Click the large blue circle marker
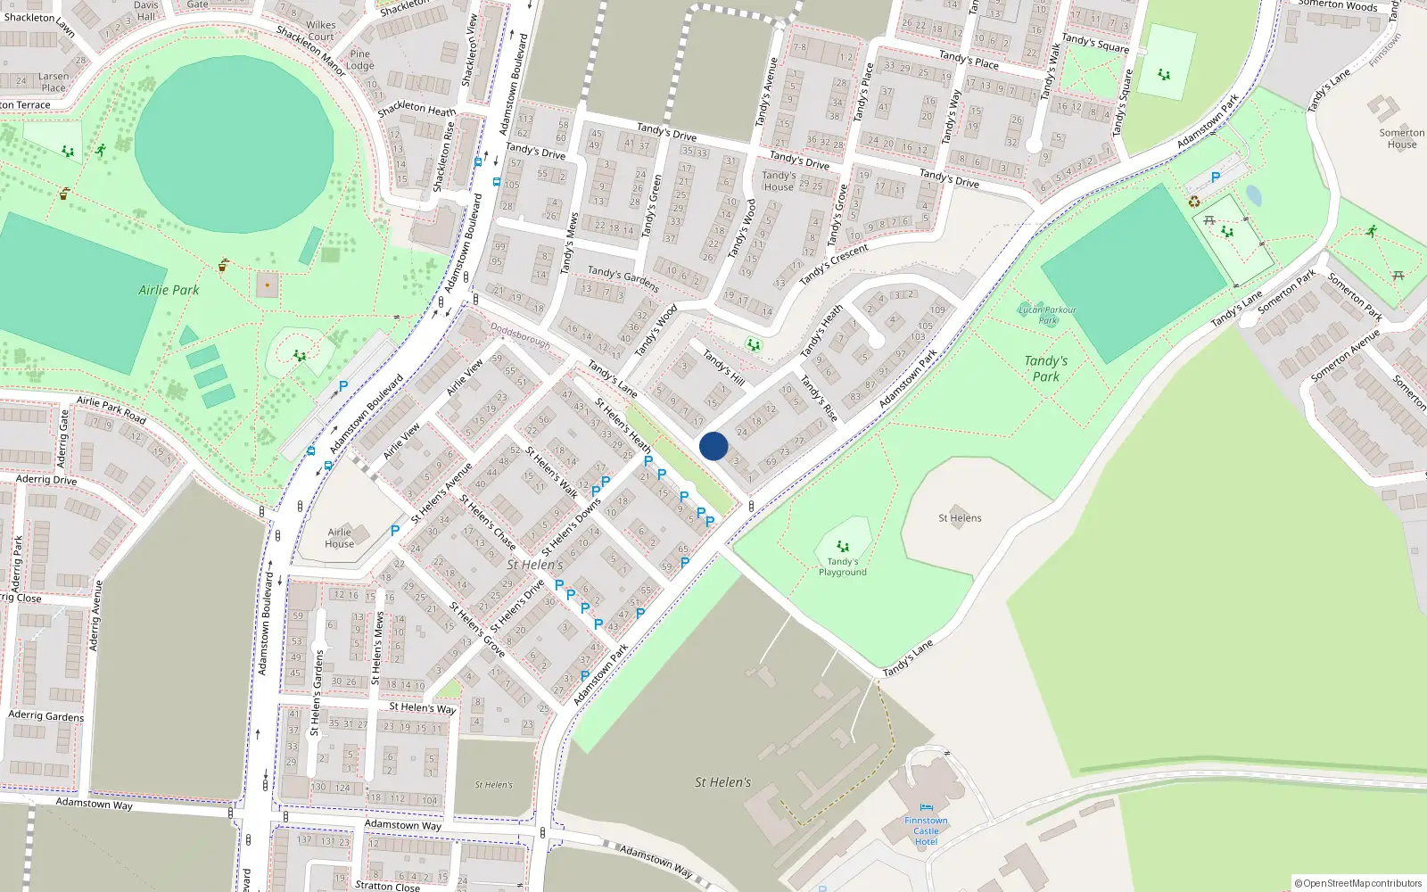[x=713, y=446]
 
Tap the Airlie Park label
[x=169, y=290]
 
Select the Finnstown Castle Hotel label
[x=926, y=830]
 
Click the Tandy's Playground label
[x=842, y=566]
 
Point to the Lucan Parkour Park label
[x=1047, y=314]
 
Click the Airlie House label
[x=339, y=538]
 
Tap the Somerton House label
[x=1401, y=138]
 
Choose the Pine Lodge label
[x=359, y=60]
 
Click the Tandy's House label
[x=778, y=181]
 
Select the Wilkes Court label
[x=320, y=31]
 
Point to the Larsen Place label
[x=53, y=82]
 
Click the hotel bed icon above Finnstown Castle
[x=926, y=808]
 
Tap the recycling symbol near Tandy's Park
[x=1194, y=202]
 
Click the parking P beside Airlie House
[x=395, y=530]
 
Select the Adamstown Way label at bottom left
[x=94, y=803]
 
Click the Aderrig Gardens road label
[x=45, y=715]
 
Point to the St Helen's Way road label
[x=422, y=707]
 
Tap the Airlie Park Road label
[x=111, y=409]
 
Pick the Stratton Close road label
[x=387, y=886]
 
